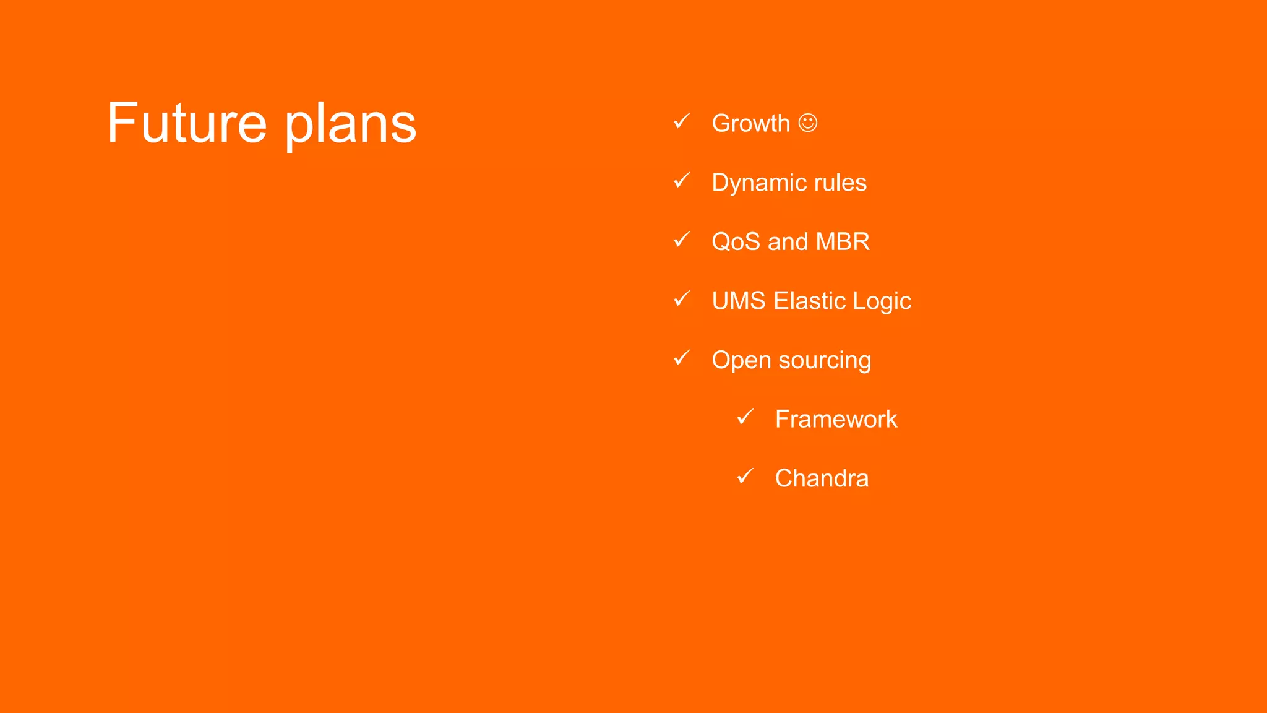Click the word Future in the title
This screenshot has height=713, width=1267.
pyautogui.click(x=187, y=123)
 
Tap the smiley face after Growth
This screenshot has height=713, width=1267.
pyautogui.click(x=807, y=123)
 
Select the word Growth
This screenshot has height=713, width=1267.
pyautogui.click(x=750, y=123)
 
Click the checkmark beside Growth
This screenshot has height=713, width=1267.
pyautogui.click(x=681, y=121)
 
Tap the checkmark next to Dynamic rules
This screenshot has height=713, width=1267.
pyautogui.click(x=681, y=181)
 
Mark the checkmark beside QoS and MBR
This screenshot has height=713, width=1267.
pyautogui.click(x=681, y=240)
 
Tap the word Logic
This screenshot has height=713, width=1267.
pyautogui.click(x=882, y=301)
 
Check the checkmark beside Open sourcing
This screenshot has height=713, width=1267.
pyautogui.click(x=681, y=358)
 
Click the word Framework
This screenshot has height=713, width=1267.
pyautogui.click(x=836, y=419)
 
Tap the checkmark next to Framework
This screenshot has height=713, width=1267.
pyautogui.click(x=745, y=417)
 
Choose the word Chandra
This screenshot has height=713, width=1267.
pyautogui.click(x=822, y=478)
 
